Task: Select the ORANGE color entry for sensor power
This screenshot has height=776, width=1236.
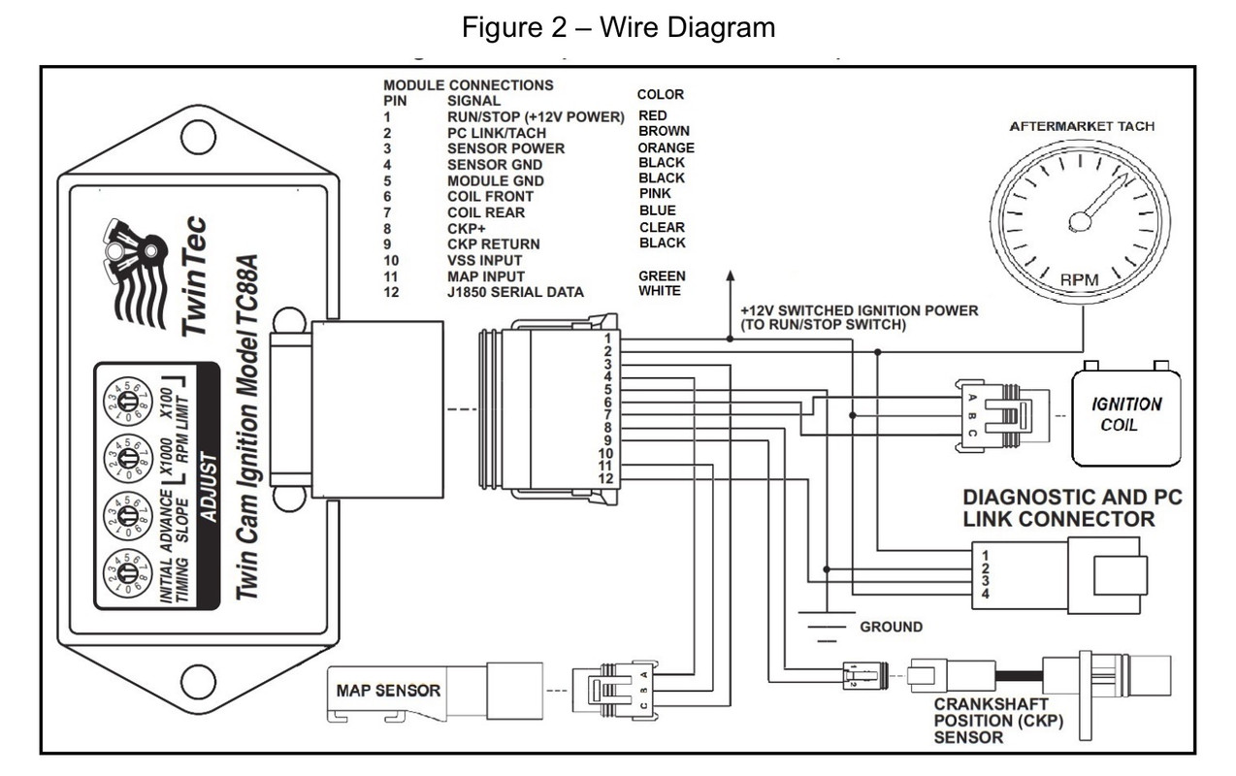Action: pos(666,147)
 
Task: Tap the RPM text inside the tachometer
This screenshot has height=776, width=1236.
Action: pos(1081,279)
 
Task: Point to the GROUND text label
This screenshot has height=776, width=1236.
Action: pos(891,627)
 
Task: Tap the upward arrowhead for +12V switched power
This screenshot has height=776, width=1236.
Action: pos(727,277)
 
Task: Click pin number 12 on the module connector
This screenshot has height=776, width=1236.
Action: pos(603,479)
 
